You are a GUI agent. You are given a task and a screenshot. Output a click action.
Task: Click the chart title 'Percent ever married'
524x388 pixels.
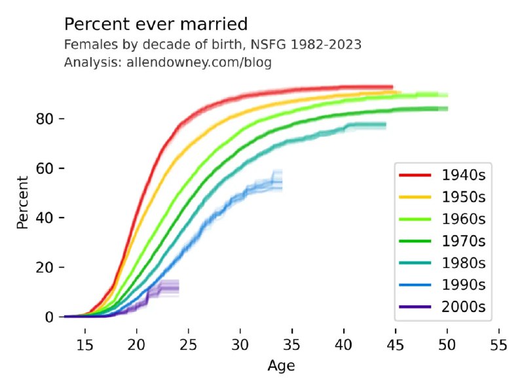[156, 25]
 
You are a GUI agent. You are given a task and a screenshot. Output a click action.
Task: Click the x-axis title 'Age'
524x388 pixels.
[277, 365]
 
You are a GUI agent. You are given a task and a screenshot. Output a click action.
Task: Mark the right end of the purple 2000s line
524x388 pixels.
[178, 288]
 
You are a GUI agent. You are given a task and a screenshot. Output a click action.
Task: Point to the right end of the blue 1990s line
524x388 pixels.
[282, 182]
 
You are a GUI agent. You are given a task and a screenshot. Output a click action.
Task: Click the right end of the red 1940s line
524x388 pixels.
[392, 87]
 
